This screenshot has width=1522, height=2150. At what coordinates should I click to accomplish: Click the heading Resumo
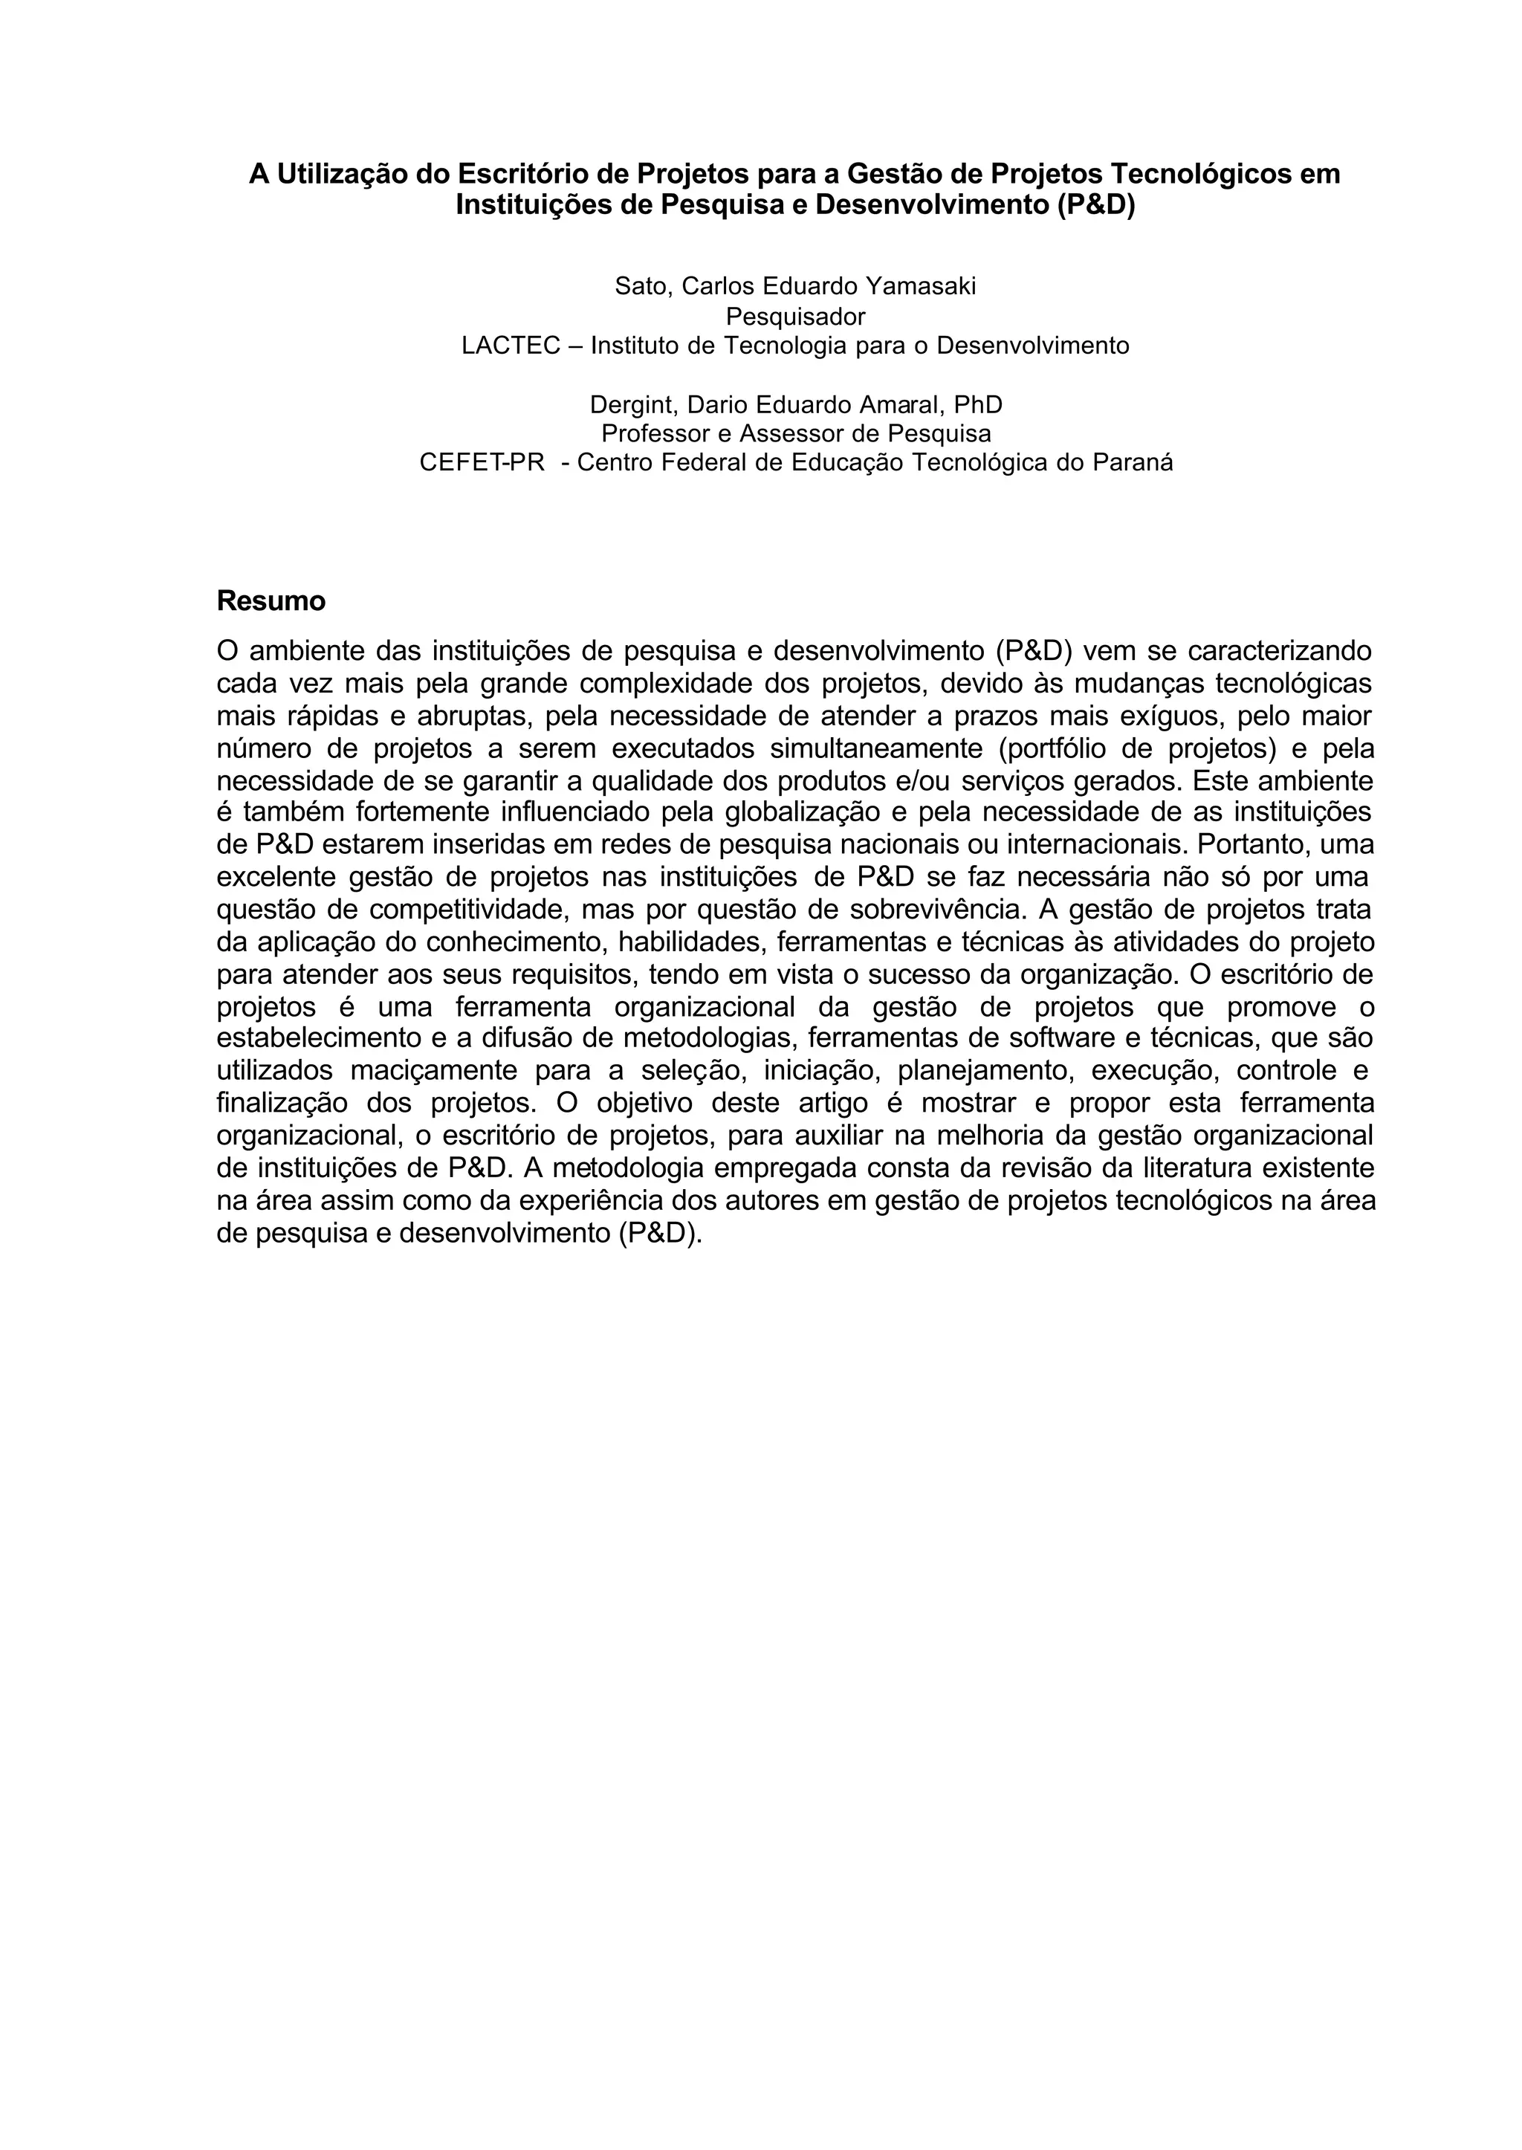coord(271,600)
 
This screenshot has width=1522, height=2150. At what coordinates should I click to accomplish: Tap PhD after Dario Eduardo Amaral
coord(979,405)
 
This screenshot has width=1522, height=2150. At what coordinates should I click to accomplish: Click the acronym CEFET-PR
coord(482,463)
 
